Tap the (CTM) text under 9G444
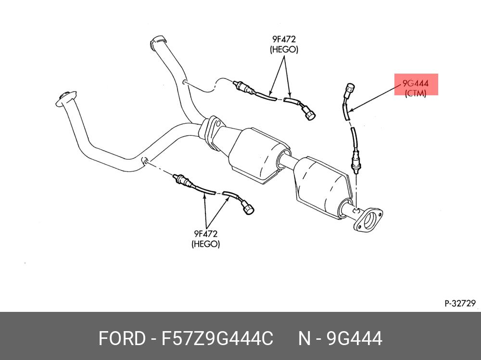click(416, 93)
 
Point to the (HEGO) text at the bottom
click(206, 244)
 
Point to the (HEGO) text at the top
click(284, 50)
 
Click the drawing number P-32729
click(459, 303)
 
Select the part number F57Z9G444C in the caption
click(217, 338)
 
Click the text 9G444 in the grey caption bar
click(354, 338)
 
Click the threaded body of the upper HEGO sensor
click(240, 87)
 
